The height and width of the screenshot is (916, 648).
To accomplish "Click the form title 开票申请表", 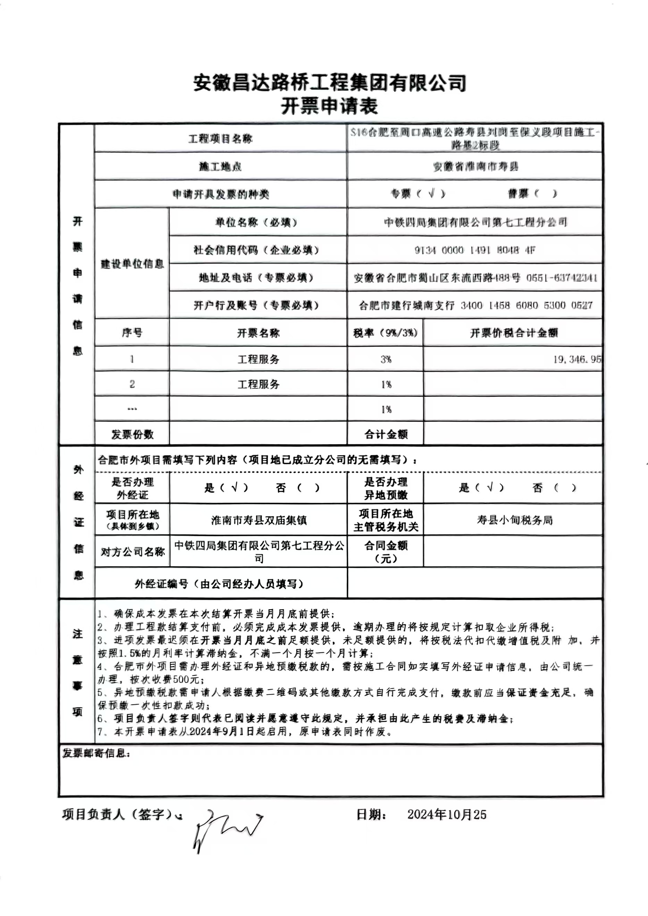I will point(329,107).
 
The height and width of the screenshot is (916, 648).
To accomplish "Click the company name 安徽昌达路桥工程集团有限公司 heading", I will point(329,83).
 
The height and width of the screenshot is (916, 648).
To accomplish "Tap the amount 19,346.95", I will point(577,359).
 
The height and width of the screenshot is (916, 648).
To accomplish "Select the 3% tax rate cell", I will point(386,359).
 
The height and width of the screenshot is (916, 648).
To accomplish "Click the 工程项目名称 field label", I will point(220,139).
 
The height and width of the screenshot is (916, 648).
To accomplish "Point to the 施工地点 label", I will point(220,166).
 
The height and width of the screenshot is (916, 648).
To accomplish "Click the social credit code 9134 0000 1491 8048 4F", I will point(475,250).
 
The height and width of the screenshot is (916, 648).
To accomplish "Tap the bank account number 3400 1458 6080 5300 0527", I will point(526,305).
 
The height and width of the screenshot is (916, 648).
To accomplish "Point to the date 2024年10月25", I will point(447,814).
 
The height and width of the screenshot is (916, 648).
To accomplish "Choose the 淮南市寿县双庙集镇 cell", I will point(259,520).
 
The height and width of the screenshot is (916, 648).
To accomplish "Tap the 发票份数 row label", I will point(132,434).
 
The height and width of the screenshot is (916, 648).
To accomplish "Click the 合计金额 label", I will point(386,434).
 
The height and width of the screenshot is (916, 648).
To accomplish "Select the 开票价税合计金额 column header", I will point(513,333).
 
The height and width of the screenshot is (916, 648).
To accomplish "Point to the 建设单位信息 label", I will point(132,264).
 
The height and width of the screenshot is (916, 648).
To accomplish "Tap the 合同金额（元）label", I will point(386,551).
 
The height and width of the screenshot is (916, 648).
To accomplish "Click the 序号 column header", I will point(132,333).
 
